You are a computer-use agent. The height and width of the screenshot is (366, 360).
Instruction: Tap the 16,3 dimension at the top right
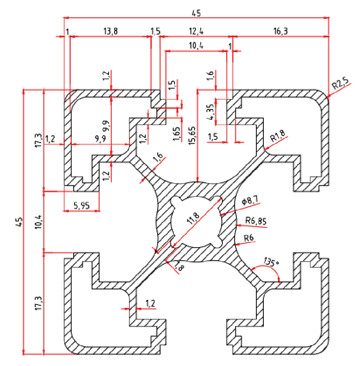(283, 31)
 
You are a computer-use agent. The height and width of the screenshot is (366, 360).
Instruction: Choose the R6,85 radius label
(256, 222)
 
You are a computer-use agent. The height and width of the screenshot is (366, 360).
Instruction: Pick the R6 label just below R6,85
(249, 238)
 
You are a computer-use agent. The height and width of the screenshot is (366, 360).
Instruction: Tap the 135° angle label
(270, 261)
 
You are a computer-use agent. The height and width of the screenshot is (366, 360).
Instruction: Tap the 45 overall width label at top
(196, 13)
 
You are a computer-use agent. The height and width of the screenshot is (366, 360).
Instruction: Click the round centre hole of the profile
(197, 221)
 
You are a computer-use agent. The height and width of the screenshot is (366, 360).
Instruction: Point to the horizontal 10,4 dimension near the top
(196, 46)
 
